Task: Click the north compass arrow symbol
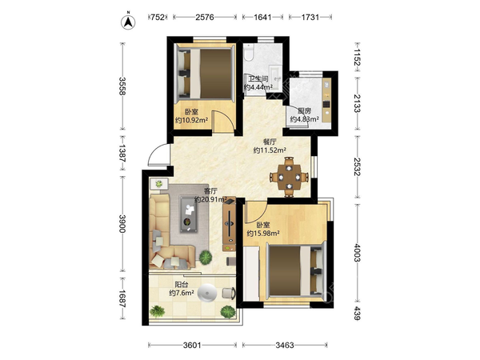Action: pos(128,22)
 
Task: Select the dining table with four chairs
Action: pos(289,177)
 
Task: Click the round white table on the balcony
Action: pos(207,293)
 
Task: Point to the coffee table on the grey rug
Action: pos(189,214)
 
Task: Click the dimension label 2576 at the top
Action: pos(205,17)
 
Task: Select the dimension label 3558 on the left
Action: pos(122,86)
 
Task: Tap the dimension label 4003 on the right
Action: pos(357,253)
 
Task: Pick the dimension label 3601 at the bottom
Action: pos(192,346)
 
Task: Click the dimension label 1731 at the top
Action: pos(310,17)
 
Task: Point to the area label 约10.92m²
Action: pos(192,120)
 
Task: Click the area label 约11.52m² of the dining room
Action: pos(270,150)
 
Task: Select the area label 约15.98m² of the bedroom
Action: pos(263,234)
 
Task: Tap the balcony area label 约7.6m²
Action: pos(182,293)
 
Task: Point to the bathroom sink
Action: pos(277,78)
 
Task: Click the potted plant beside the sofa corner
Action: pos(206,257)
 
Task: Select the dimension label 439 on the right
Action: pos(357,313)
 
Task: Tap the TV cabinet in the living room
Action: pos(229,224)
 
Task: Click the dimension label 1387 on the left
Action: pos(122,153)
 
